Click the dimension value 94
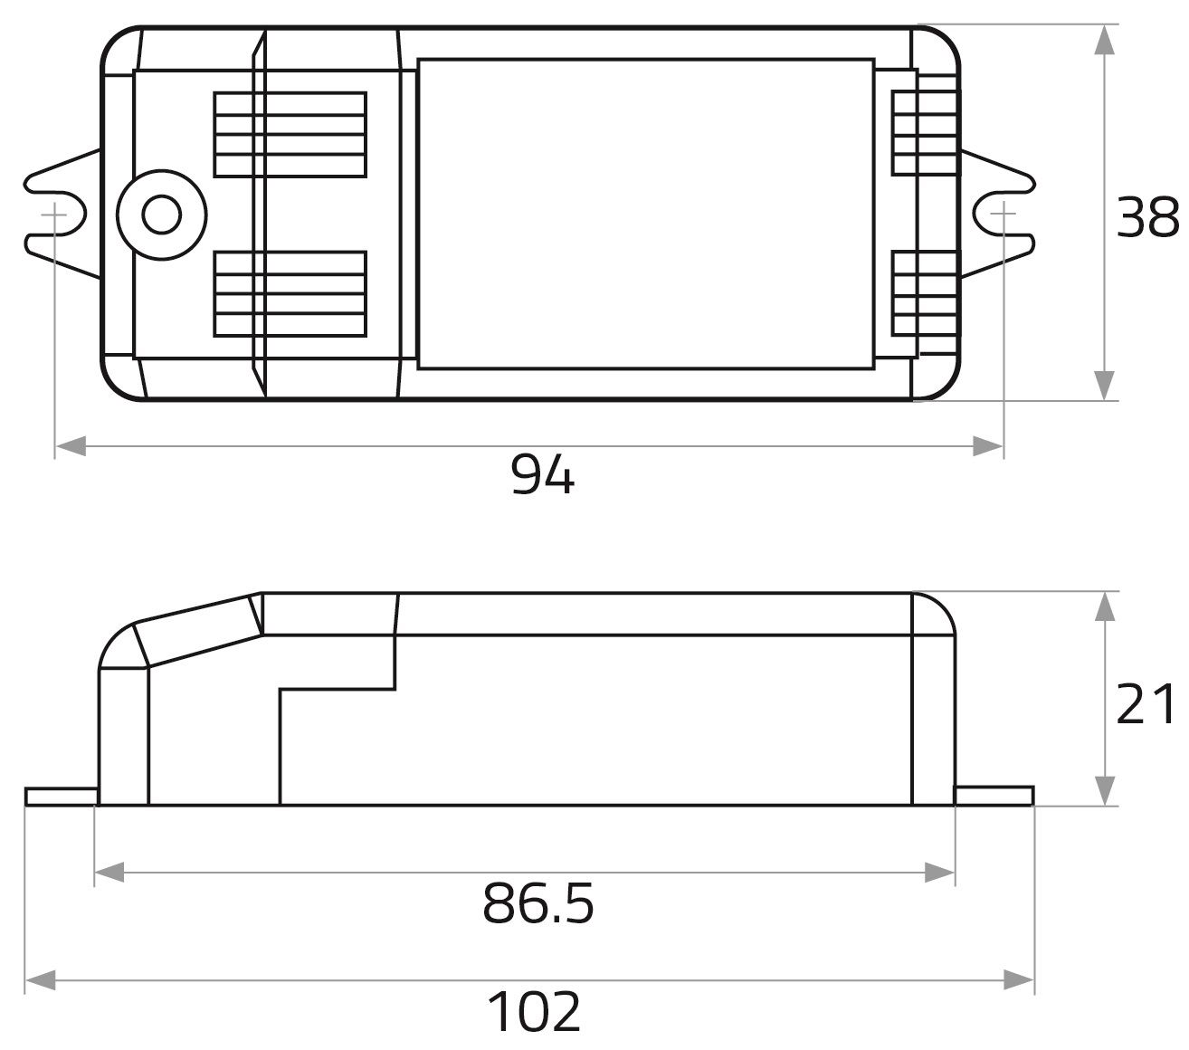point(542,474)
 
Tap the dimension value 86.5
point(538,902)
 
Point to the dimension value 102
point(534,1011)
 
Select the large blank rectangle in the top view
point(646,215)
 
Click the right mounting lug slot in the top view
point(1003,215)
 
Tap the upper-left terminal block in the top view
point(290,134)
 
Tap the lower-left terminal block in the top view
point(290,293)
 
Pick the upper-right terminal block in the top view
point(923,132)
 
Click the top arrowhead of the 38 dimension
point(1104,42)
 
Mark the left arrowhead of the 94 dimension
point(71,445)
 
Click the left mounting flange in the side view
point(61,797)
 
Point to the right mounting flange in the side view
point(994,796)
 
